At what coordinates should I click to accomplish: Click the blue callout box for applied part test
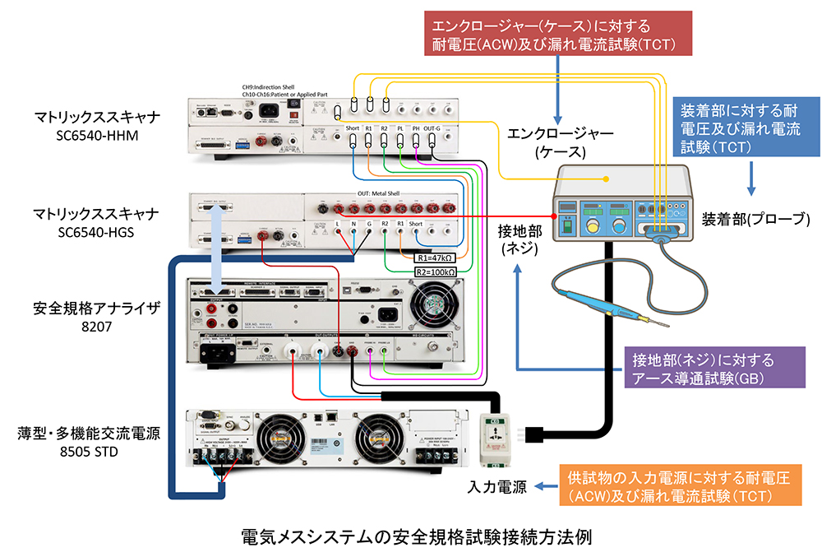(743, 128)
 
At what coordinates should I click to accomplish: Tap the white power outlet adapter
(497, 432)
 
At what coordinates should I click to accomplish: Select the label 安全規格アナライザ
(84, 310)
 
